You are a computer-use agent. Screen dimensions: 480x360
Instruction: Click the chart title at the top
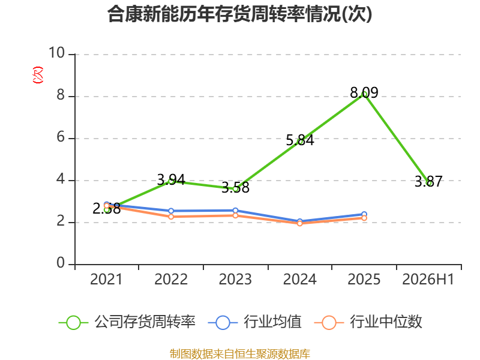(239, 14)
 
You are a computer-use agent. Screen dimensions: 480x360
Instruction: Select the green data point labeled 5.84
(300, 142)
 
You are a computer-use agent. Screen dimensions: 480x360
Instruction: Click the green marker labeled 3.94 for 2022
(171, 181)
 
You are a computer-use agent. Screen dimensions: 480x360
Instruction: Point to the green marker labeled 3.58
(235, 189)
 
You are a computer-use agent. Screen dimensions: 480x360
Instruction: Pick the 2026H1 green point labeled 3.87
(428, 183)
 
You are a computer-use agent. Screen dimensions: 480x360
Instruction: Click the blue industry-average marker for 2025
(364, 214)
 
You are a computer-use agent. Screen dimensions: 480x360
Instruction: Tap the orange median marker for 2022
(171, 217)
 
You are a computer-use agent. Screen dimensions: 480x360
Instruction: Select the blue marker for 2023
(235, 211)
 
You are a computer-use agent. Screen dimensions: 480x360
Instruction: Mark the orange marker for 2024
(300, 223)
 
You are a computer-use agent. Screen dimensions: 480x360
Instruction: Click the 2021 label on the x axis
(106, 279)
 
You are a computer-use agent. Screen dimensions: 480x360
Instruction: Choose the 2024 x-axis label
(299, 279)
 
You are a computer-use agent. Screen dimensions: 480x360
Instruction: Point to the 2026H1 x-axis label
(428, 279)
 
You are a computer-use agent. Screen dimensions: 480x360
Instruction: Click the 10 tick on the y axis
(57, 53)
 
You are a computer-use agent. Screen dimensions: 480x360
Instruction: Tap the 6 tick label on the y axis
(61, 137)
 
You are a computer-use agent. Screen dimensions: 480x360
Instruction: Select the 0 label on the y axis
(61, 263)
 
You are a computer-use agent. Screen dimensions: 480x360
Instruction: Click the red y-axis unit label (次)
(38, 75)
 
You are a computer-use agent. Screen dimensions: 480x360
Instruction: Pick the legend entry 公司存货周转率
(127, 322)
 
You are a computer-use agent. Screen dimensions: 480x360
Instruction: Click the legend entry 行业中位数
(368, 322)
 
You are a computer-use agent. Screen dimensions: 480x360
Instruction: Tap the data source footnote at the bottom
(240, 354)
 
